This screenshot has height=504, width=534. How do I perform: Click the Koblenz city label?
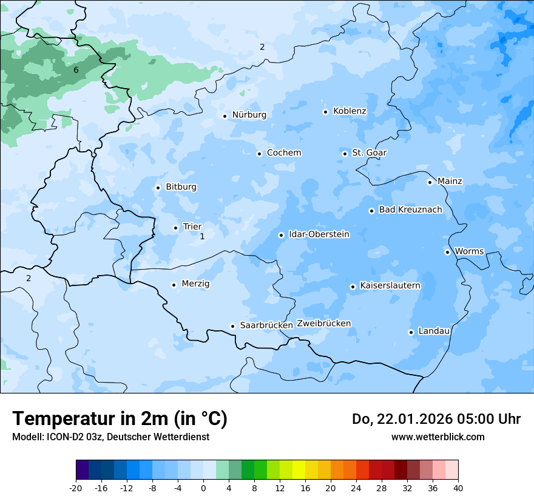tap(350, 111)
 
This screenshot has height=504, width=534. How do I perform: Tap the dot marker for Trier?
tap(176, 228)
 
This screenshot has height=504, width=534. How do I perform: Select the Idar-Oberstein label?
tap(319, 234)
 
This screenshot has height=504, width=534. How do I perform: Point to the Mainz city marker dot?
tap(430, 182)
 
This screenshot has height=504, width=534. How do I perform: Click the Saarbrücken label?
tap(266, 325)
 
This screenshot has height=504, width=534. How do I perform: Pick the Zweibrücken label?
tap(324, 324)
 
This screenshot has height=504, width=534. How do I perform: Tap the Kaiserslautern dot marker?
tap(353, 287)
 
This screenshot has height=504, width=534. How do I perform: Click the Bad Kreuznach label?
tap(410, 210)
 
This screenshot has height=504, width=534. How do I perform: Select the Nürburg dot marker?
tap(225, 116)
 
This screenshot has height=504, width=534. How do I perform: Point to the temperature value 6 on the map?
tap(76, 70)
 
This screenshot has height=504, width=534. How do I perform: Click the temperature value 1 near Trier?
tap(202, 236)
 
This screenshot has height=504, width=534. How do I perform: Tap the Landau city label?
tap(434, 331)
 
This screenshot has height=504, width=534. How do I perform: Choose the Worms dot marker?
tap(447, 252)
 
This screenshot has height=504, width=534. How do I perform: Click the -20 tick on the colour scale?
tap(76, 488)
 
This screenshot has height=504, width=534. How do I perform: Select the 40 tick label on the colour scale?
tap(458, 488)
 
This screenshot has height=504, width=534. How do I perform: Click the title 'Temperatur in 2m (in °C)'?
tap(120, 419)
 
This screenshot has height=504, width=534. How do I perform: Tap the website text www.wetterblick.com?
tap(438, 437)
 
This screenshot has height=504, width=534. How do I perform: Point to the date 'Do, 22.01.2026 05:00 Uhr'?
tap(436, 419)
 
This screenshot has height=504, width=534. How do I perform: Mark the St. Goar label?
tap(369, 153)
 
